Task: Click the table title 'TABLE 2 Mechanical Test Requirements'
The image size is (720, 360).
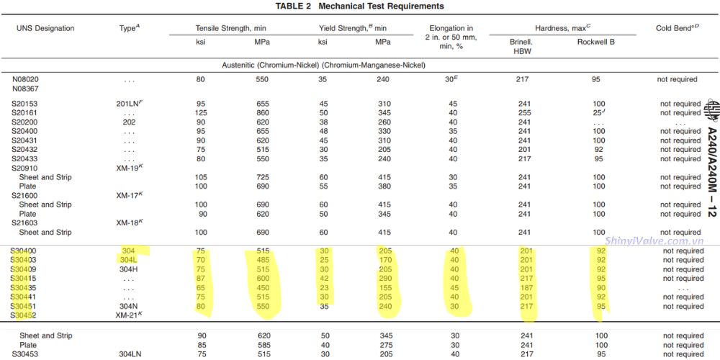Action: click(359, 6)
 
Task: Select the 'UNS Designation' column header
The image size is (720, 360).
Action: click(45, 28)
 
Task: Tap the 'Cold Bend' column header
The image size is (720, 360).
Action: click(677, 28)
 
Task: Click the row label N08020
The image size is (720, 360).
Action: click(25, 79)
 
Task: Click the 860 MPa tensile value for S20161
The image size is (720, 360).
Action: click(261, 113)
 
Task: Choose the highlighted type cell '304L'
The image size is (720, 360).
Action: click(130, 260)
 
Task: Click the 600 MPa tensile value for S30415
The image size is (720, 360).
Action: click(261, 279)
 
